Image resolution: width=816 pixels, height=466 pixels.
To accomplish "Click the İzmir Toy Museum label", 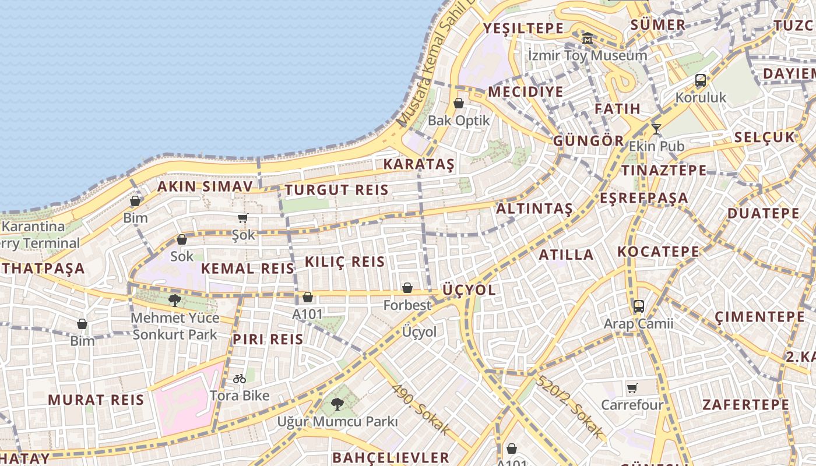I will pyautogui.click(x=587, y=55).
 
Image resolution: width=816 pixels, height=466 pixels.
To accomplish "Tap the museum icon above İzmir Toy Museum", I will pyautogui.click(x=588, y=38).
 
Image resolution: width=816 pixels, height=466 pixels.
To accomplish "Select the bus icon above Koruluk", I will pyautogui.click(x=701, y=80).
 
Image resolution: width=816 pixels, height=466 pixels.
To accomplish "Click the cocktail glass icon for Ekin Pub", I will pyautogui.click(x=656, y=129).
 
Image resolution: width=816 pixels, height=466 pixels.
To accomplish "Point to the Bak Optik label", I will pyautogui.click(x=459, y=121).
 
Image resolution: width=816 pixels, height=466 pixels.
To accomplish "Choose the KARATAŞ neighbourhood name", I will pyautogui.click(x=418, y=164).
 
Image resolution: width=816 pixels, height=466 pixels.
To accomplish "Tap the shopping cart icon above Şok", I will pyautogui.click(x=243, y=218).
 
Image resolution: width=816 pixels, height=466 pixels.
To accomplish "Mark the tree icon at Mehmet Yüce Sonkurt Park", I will pyautogui.click(x=174, y=301).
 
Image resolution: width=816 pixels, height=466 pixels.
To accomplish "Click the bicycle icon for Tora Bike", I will pyautogui.click(x=240, y=379).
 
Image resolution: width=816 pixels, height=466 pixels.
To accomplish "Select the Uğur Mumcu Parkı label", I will pyautogui.click(x=337, y=421).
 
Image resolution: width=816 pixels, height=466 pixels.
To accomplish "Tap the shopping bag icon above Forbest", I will pyautogui.click(x=407, y=288).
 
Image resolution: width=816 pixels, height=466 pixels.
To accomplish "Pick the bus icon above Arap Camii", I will pyautogui.click(x=639, y=306).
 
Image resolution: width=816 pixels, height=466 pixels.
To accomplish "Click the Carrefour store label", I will pyautogui.click(x=632, y=404).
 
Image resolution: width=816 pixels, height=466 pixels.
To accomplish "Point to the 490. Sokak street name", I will pyautogui.click(x=420, y=409).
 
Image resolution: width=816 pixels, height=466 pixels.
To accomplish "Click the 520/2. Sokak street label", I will pyautogui.click(x=570, y=408).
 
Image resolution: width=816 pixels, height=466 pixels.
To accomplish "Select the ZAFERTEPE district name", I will pyautogui.click(x=745, y=404).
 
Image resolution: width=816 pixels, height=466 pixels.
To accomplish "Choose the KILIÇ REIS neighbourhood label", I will pyautogui.click(x=345, y=262).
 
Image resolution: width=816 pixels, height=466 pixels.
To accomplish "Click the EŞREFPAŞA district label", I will pyautogui.click(x=644, y=197).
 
